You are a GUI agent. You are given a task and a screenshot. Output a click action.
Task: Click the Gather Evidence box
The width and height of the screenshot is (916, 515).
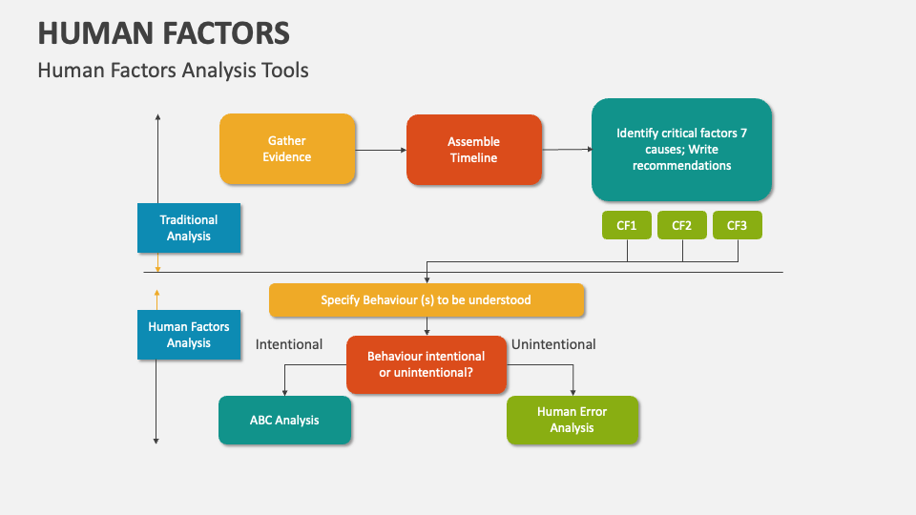tap(287, 149)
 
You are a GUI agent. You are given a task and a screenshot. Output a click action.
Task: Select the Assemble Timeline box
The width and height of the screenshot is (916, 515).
tap(474, 150)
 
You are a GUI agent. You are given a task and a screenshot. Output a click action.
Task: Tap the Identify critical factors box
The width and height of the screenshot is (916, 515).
tap(681, 150)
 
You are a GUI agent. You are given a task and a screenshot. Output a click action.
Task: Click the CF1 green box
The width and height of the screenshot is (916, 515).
tap(626, 225)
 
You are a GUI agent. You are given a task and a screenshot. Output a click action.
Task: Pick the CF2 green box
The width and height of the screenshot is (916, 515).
tap(681, 225)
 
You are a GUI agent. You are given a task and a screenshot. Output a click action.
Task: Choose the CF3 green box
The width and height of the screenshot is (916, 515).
tap(737, 225)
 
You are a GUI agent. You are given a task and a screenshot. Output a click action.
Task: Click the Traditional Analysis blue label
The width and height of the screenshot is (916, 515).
tap(189, 228)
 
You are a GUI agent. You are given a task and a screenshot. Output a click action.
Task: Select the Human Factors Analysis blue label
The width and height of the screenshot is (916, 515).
tap(189, 334)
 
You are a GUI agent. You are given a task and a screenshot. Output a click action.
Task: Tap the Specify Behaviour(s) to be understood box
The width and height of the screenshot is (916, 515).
tap(427, 299)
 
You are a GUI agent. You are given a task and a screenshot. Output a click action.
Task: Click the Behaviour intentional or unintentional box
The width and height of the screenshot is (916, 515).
tap(427, 363)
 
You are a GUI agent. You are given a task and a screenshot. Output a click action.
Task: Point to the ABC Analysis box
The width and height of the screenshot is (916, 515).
tap(284, 420)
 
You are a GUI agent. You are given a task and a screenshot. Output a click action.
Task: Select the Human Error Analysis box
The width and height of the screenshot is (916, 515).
tap(572, 420)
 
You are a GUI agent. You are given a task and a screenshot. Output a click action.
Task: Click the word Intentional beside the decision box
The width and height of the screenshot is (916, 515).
tap(289, 344)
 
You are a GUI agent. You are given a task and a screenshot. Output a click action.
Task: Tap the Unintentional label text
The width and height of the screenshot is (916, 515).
tap(553, 344)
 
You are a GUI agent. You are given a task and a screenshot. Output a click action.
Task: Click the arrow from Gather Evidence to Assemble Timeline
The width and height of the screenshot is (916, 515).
tap(381, 150)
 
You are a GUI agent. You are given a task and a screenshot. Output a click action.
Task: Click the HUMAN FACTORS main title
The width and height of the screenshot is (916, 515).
tap(164, 33)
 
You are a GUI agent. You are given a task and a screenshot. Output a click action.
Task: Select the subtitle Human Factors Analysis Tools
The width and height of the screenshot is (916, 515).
tap(173, 71)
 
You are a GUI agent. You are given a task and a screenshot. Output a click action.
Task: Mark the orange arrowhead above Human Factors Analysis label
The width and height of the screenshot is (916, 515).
tap(157, 294)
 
